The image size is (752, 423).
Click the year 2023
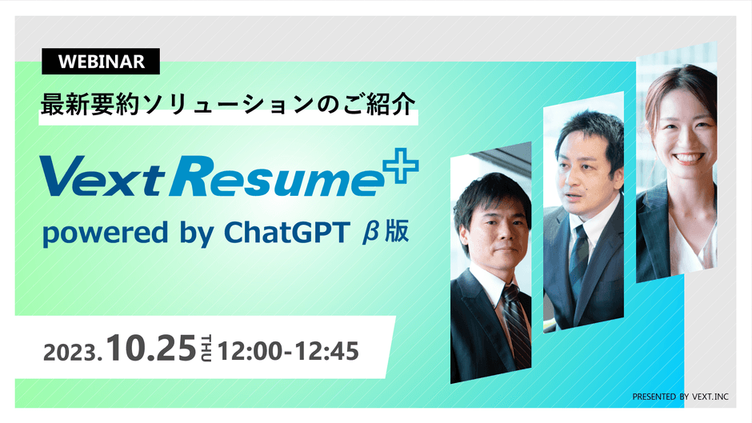pyautogui.click(x=72, y=352)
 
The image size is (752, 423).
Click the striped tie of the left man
pyautogui.click(x=516, y=324)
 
